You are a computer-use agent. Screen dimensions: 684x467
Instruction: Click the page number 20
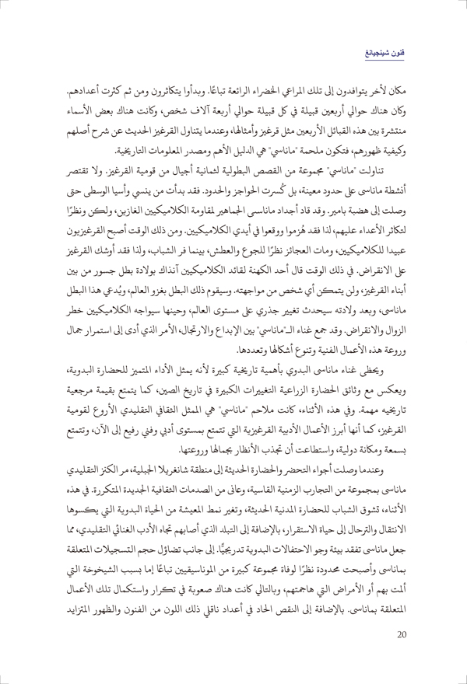click(x=399, y=655)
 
